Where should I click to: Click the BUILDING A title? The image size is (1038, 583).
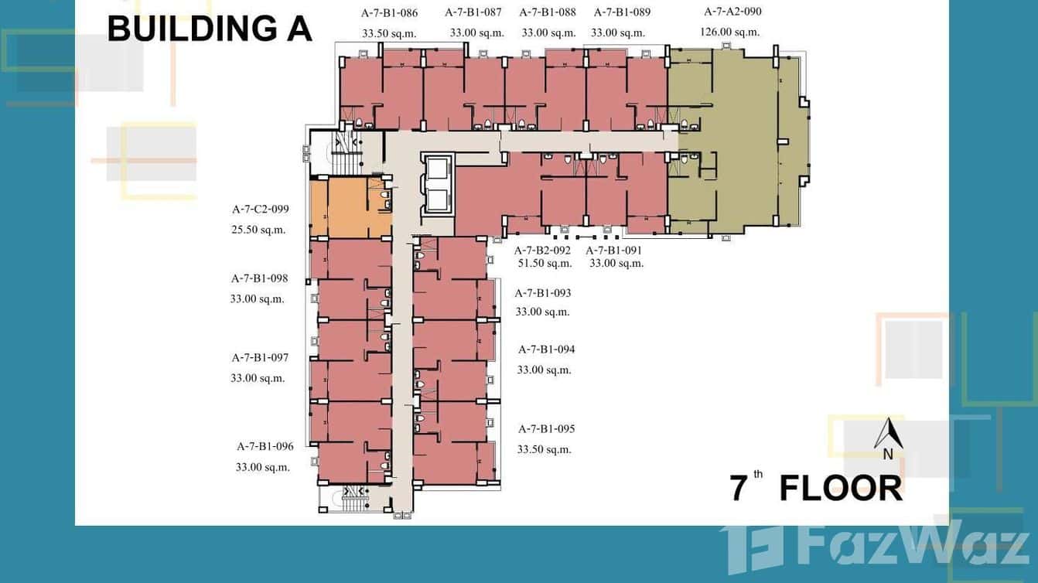click(x=210, y=29)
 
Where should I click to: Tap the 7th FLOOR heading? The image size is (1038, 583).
click(x=816, y=489)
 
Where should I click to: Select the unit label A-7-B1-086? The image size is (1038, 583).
click(x=390, y=12)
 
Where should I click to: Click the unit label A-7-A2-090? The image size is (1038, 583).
click(x=732, y=12)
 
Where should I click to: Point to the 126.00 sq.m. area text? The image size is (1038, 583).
click(x=729, y=32)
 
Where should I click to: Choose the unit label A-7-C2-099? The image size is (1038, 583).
click(x=261, y=209)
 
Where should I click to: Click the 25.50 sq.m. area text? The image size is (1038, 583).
click(x=258, y=230)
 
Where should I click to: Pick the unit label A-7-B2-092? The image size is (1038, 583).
click(x=542, y=251)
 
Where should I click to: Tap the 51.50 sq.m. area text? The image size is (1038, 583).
click(x=545, y=264)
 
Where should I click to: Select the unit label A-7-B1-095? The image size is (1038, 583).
click(x=546, y=429)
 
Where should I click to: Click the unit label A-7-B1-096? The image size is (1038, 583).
click(x=265, y=446)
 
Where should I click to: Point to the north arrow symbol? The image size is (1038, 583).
click(x=889, y=435)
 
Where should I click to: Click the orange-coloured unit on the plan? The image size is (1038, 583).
click(x=350, y=207)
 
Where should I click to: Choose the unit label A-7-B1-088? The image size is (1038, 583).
click(x=548, y=12)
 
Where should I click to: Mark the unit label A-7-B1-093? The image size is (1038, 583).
click(x=543, y=293)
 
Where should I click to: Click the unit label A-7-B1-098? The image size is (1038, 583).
click(x=260, y=278)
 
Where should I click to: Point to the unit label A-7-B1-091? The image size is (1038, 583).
click(x=613, y=251)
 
